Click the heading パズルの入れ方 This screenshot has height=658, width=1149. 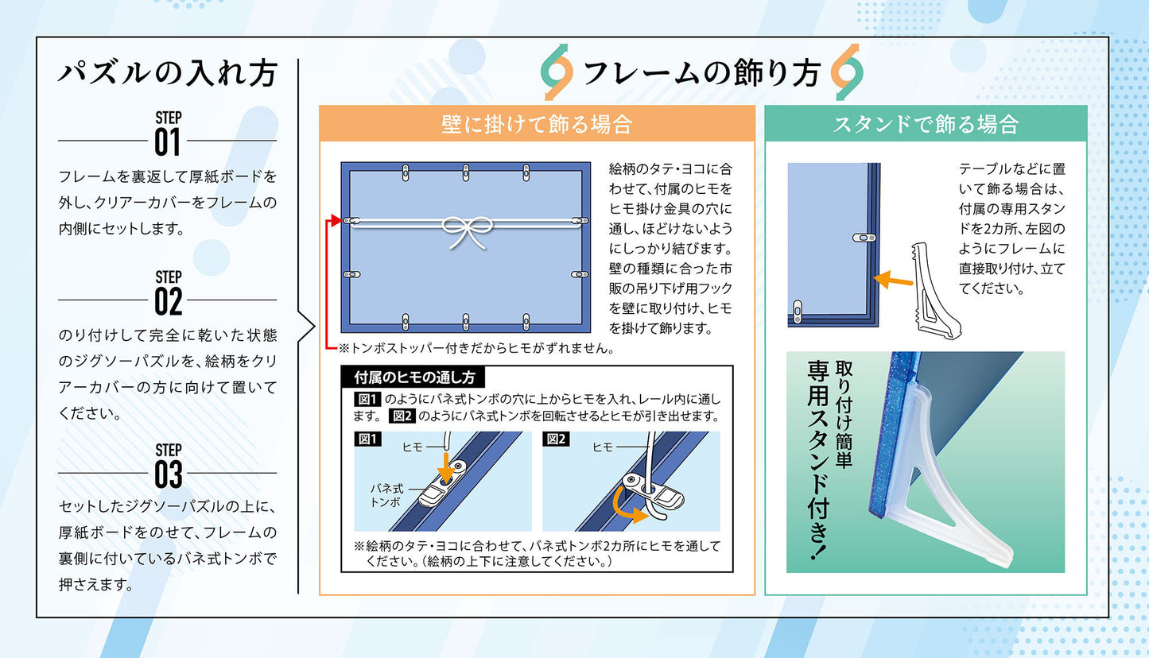pyautogui.click(x=167, y=74)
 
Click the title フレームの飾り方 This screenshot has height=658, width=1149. pyautogui.click(x=701, y=74)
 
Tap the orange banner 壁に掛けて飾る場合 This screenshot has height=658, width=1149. pyautogui.click(x=537, y=124)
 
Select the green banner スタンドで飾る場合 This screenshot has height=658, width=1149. pyautogui.click(x=925, y=124)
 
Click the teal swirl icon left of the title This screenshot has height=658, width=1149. pyautogui.click(x=557, y=73)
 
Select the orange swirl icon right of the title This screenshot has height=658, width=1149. pyautogui.click(x=847, y=73)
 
